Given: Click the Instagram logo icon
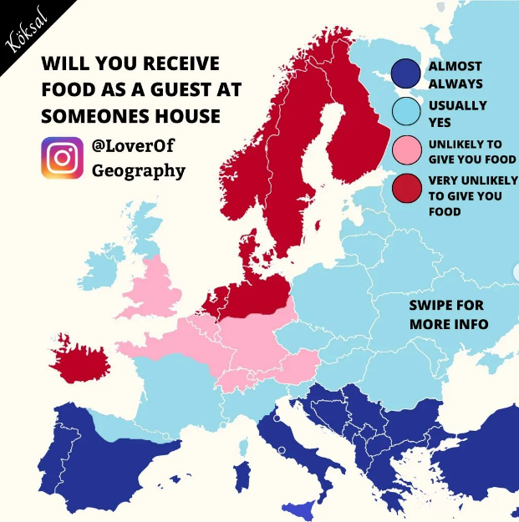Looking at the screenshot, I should click(x=63, y=158).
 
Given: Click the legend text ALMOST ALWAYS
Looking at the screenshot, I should click(x=455, y=74).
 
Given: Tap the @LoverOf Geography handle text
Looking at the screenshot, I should click(x=138, y=158).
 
